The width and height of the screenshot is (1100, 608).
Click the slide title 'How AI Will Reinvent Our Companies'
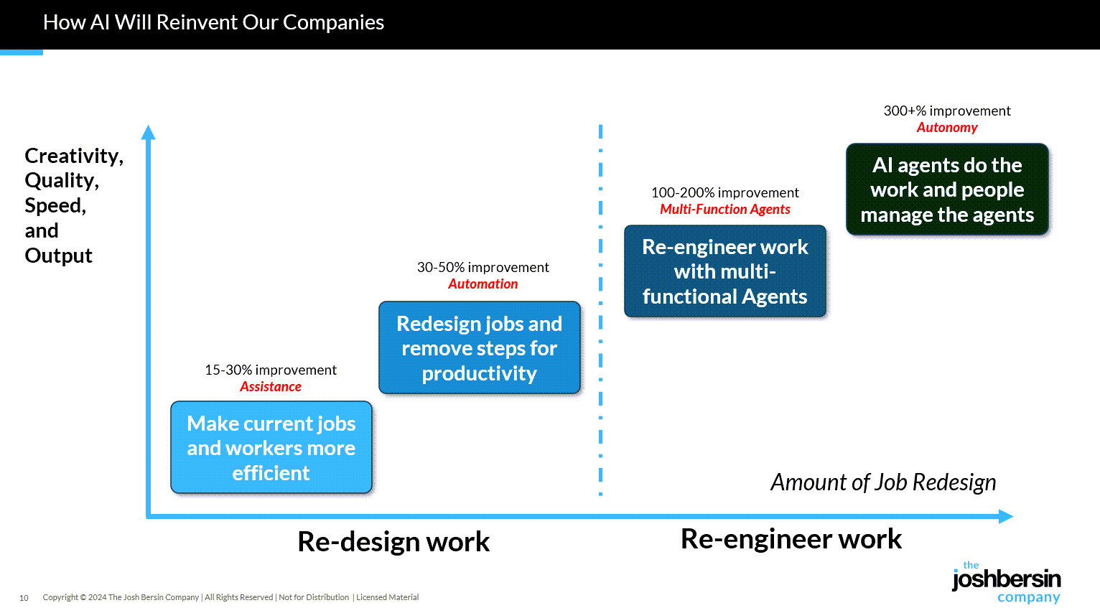213,22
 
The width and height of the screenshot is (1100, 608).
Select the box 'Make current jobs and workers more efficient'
271,447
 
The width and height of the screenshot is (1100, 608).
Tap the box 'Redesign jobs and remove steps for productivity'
479,348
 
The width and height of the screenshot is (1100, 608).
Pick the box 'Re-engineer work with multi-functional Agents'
724,271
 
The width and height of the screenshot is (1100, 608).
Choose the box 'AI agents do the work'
947,190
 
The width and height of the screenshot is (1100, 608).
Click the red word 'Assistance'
271,387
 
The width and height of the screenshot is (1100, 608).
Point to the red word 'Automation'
483,284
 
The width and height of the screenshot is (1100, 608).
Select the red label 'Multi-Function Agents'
724,210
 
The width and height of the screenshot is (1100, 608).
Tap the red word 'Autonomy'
947,128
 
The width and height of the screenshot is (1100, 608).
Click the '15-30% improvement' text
271,370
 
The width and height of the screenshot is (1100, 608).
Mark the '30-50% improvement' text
483,267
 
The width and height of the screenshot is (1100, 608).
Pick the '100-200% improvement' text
724,192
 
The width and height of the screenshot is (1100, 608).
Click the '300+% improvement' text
947,111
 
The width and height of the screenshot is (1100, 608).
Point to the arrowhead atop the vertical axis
149,132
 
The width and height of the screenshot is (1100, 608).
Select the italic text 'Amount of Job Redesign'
883,482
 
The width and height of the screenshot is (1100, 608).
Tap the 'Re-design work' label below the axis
393,541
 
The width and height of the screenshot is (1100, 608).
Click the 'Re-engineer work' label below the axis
791,539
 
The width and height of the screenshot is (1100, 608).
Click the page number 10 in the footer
24,598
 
